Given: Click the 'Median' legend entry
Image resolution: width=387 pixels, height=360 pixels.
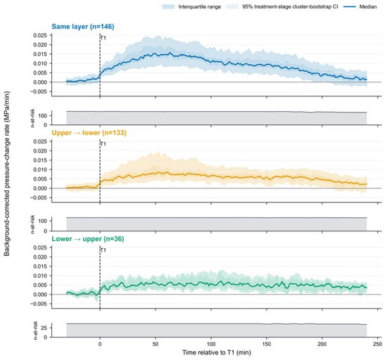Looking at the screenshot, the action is [x=368, y=6].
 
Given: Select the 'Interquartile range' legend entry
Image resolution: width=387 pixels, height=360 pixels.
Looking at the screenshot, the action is [x=199, y=6].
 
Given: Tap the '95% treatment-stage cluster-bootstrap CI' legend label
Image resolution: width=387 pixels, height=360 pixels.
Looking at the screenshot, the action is [x=290, y=6].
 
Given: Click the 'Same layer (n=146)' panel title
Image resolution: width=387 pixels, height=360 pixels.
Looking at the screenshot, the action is [x=83, y=27].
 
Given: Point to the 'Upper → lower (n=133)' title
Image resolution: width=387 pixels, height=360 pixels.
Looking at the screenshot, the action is [x=89, y=133].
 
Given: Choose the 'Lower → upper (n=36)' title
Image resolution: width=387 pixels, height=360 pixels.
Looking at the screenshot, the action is [x=88, y=239].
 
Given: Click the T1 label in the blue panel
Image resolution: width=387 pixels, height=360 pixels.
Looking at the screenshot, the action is [x=103, y=38].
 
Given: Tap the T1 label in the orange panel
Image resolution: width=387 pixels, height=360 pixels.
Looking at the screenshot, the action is [x=103, y=144].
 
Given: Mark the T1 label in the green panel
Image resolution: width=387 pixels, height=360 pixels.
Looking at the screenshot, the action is [x=103, y=250].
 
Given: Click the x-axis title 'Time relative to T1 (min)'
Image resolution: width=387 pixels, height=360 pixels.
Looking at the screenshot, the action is [x=217, y=352].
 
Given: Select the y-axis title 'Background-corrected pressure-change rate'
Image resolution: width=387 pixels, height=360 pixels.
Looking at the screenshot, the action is [x=6, y=174].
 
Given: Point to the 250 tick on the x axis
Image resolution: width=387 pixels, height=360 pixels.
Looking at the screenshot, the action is [x=378, y=344].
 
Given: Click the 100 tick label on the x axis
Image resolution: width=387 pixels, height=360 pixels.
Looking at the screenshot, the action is [x=211, y=344].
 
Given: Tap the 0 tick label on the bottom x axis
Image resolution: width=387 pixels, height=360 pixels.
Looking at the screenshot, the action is [x=100, y=344].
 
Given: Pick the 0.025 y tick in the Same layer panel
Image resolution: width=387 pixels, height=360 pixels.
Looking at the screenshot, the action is [x=39, y=35].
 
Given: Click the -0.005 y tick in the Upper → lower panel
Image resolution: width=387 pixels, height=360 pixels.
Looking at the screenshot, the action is [x=39, y=198].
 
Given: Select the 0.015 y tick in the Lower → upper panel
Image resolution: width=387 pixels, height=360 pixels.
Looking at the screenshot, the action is [x=39, y=266].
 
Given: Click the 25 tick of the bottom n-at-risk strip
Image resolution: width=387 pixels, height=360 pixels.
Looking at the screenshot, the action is [x=44, y=328].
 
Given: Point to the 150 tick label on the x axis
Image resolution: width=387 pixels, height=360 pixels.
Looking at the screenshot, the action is [x=267, y=344].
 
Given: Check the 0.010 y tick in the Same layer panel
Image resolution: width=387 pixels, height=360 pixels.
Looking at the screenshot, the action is [x=39, y=63].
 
